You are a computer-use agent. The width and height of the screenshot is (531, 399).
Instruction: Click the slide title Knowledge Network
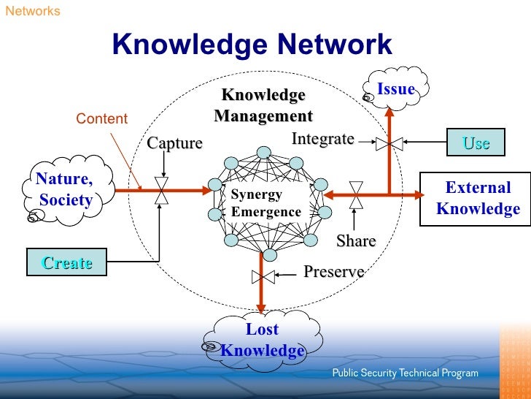tap(252, 45)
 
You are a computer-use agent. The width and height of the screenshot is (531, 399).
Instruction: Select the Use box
tap(476, 143)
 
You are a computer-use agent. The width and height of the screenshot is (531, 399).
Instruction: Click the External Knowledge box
tap(478, 198)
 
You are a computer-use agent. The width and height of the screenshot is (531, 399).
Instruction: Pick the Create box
tap(66, 262)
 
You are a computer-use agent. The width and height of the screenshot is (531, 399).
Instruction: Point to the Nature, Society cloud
tap(66, 189)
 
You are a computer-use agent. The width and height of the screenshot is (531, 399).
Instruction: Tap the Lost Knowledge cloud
tap(262, 340)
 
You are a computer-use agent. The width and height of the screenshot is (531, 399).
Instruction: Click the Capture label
tap(174, 142)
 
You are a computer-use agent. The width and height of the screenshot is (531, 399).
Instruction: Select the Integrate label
tap(322, 138)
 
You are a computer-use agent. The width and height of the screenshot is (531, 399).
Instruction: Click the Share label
tap(356, 240)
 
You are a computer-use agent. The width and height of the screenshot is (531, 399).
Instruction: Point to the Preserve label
tap(333, 272)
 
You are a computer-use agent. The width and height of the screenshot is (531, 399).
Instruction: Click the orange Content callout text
tap(102, 118)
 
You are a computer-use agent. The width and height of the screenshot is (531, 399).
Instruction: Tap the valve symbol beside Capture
tap(162, 191)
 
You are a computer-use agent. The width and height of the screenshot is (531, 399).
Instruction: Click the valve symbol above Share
tap(356, 195)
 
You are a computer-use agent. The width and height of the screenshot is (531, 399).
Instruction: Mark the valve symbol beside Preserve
tap(263, 276)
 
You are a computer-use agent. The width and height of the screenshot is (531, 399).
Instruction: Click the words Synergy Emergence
tap(265, 204)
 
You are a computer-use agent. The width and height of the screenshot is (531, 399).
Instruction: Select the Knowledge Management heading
tap(263, 106)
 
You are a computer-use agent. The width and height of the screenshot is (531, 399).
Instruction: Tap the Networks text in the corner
tap(33, 11)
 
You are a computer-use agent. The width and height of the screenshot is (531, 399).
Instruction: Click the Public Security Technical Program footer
tap(406, 373)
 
